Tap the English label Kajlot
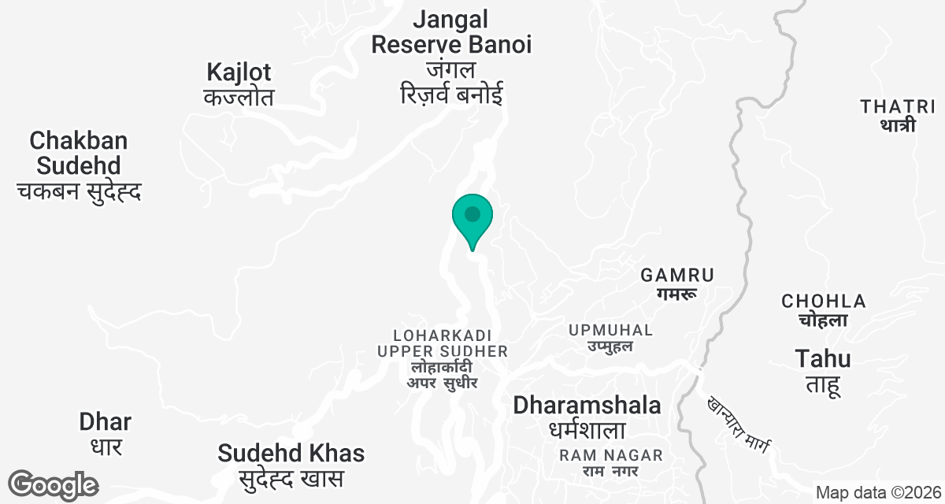239,72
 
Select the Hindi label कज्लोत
239,98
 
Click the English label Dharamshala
587,406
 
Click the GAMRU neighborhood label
677,275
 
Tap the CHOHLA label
824,301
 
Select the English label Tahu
823,359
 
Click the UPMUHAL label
611,330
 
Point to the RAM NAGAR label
611,455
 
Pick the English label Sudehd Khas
291,454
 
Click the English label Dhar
106,421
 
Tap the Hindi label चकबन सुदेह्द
79,191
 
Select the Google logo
54,484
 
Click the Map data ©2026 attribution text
877,493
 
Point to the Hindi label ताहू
824,385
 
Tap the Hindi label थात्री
898,124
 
